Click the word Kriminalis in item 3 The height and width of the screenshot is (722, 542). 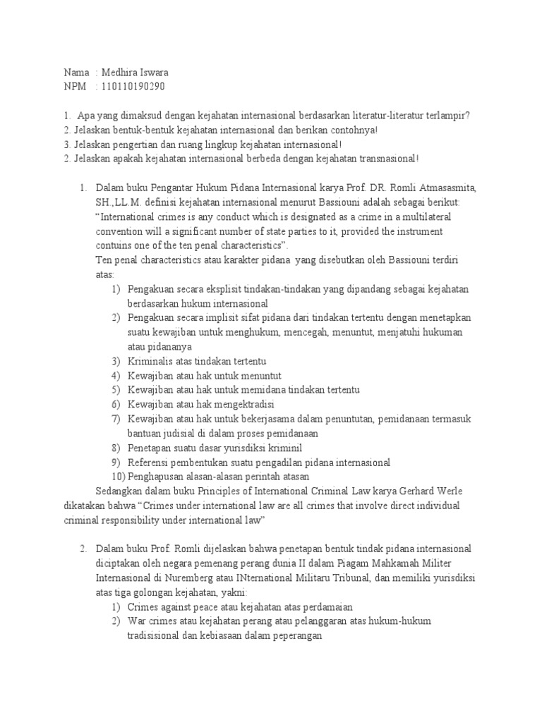pos(150,361)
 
